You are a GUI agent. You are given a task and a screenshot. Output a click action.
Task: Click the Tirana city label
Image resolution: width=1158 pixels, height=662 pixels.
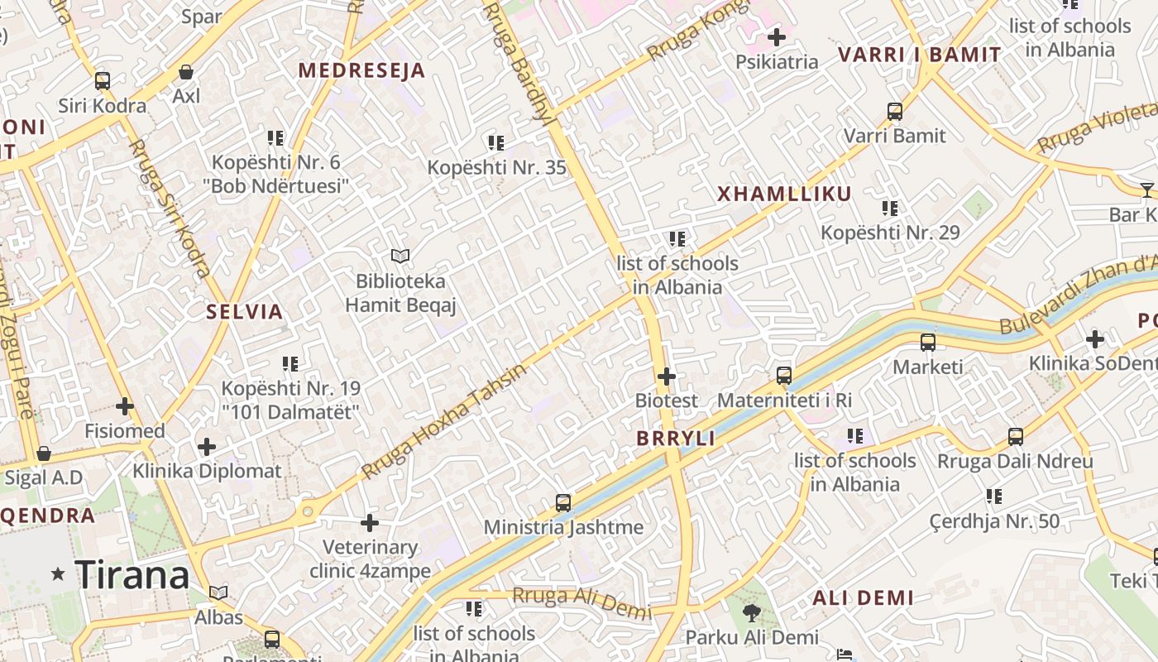[x=132, y=574]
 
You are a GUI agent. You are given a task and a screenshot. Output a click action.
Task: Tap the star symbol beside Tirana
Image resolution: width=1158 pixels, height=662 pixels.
[x=58, y=573]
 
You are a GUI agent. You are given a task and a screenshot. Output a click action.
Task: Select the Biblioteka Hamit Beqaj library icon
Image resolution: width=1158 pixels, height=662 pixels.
[x=400, y=257]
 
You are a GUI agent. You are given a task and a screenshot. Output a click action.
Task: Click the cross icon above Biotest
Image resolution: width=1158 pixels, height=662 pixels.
[x=667, y=377]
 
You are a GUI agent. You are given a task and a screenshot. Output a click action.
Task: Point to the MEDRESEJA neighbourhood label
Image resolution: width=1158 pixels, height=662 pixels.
[x=361, y=71]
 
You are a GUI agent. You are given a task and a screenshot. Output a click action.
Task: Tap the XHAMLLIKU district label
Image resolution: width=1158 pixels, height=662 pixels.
[x=784, y=194]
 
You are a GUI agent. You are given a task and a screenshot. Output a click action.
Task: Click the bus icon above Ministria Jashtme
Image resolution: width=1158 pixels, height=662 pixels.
[x=563, y=502]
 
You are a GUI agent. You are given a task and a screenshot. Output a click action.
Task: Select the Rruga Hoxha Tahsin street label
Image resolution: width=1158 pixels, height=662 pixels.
[x=443, y=422]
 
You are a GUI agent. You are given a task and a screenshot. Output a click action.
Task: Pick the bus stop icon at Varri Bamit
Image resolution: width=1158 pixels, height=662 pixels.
[x=894, y=111]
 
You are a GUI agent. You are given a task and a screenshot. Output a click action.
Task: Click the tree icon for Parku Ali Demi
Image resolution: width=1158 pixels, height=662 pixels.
[x=752, y=613]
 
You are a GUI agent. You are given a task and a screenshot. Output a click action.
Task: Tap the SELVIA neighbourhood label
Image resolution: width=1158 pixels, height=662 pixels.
[x=245, y=312]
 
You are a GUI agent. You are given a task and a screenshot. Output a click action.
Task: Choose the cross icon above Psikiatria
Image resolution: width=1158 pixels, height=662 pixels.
[x=776, y=37]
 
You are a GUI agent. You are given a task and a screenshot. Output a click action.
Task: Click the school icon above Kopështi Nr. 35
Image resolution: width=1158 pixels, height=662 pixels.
[x=496, y=143]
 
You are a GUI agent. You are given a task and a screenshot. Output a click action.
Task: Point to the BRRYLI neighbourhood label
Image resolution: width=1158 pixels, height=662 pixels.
[x=676, y=439]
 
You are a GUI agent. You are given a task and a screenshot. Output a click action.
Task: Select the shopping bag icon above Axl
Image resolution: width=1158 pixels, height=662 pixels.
[x=186, y=72]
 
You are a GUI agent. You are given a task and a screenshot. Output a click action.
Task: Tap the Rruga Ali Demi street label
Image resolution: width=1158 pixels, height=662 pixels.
[x=581, y=602]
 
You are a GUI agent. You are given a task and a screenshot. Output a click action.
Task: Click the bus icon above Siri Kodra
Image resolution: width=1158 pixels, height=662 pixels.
[x=103, y=81]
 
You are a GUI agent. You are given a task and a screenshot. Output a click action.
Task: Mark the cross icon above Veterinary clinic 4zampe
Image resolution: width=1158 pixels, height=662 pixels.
[x=370, y=523]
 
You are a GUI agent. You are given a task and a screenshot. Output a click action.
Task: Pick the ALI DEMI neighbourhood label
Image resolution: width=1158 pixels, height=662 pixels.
[x=863, y=597]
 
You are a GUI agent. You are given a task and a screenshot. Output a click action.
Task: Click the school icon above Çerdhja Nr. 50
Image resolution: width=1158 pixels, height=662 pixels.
[x=993, y=496]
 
